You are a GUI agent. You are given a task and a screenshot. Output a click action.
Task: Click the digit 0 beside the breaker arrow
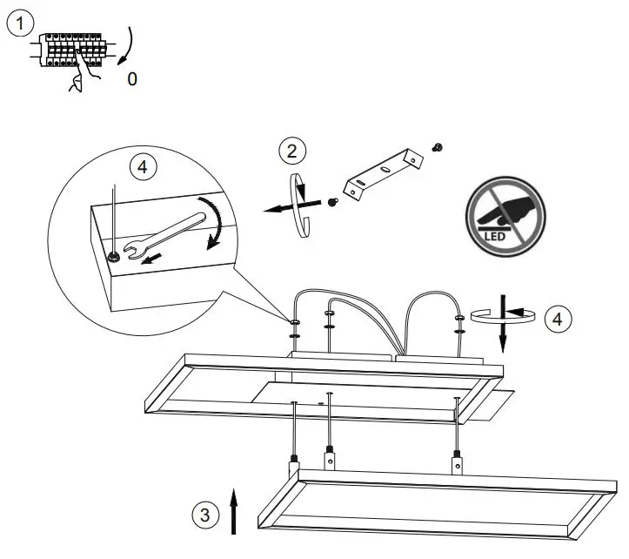132,79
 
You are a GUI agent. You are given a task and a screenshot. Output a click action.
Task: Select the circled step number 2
292,151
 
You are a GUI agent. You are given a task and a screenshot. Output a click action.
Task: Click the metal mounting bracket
381,173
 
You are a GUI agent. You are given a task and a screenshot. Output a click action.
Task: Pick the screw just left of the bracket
333,201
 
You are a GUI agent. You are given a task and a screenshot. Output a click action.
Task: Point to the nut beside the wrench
114,257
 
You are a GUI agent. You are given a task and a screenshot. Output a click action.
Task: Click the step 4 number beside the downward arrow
559,319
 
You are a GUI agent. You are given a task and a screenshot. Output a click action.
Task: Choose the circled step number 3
204,515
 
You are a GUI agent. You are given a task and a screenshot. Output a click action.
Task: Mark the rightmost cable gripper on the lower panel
454,463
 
